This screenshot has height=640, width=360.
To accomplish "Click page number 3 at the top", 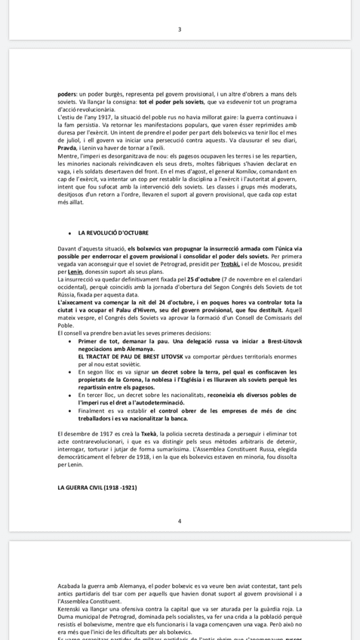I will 180,29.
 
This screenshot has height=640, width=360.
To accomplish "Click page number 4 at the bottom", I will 180,521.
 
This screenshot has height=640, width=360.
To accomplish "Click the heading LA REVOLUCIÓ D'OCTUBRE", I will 113,233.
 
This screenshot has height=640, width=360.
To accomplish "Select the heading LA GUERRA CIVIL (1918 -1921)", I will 97,488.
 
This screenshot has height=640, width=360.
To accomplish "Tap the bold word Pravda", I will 67,148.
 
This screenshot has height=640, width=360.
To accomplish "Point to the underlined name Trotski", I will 229,264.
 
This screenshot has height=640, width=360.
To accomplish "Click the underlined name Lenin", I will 75,272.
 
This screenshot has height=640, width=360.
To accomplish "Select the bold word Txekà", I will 149,434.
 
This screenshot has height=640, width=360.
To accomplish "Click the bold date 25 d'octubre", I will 204,279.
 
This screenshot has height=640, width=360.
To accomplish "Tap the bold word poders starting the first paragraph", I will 66,94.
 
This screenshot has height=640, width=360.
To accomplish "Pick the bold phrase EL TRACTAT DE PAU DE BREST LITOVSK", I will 131,356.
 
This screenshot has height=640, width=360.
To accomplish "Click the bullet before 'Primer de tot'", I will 70,341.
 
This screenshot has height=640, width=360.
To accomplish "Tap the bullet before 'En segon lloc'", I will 70,372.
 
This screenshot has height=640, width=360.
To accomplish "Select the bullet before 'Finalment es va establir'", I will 70,411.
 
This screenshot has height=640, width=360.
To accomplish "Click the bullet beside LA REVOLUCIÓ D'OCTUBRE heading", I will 70,234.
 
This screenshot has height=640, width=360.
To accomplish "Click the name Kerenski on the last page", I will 70,608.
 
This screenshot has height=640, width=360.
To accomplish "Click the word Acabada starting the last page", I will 70,586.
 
